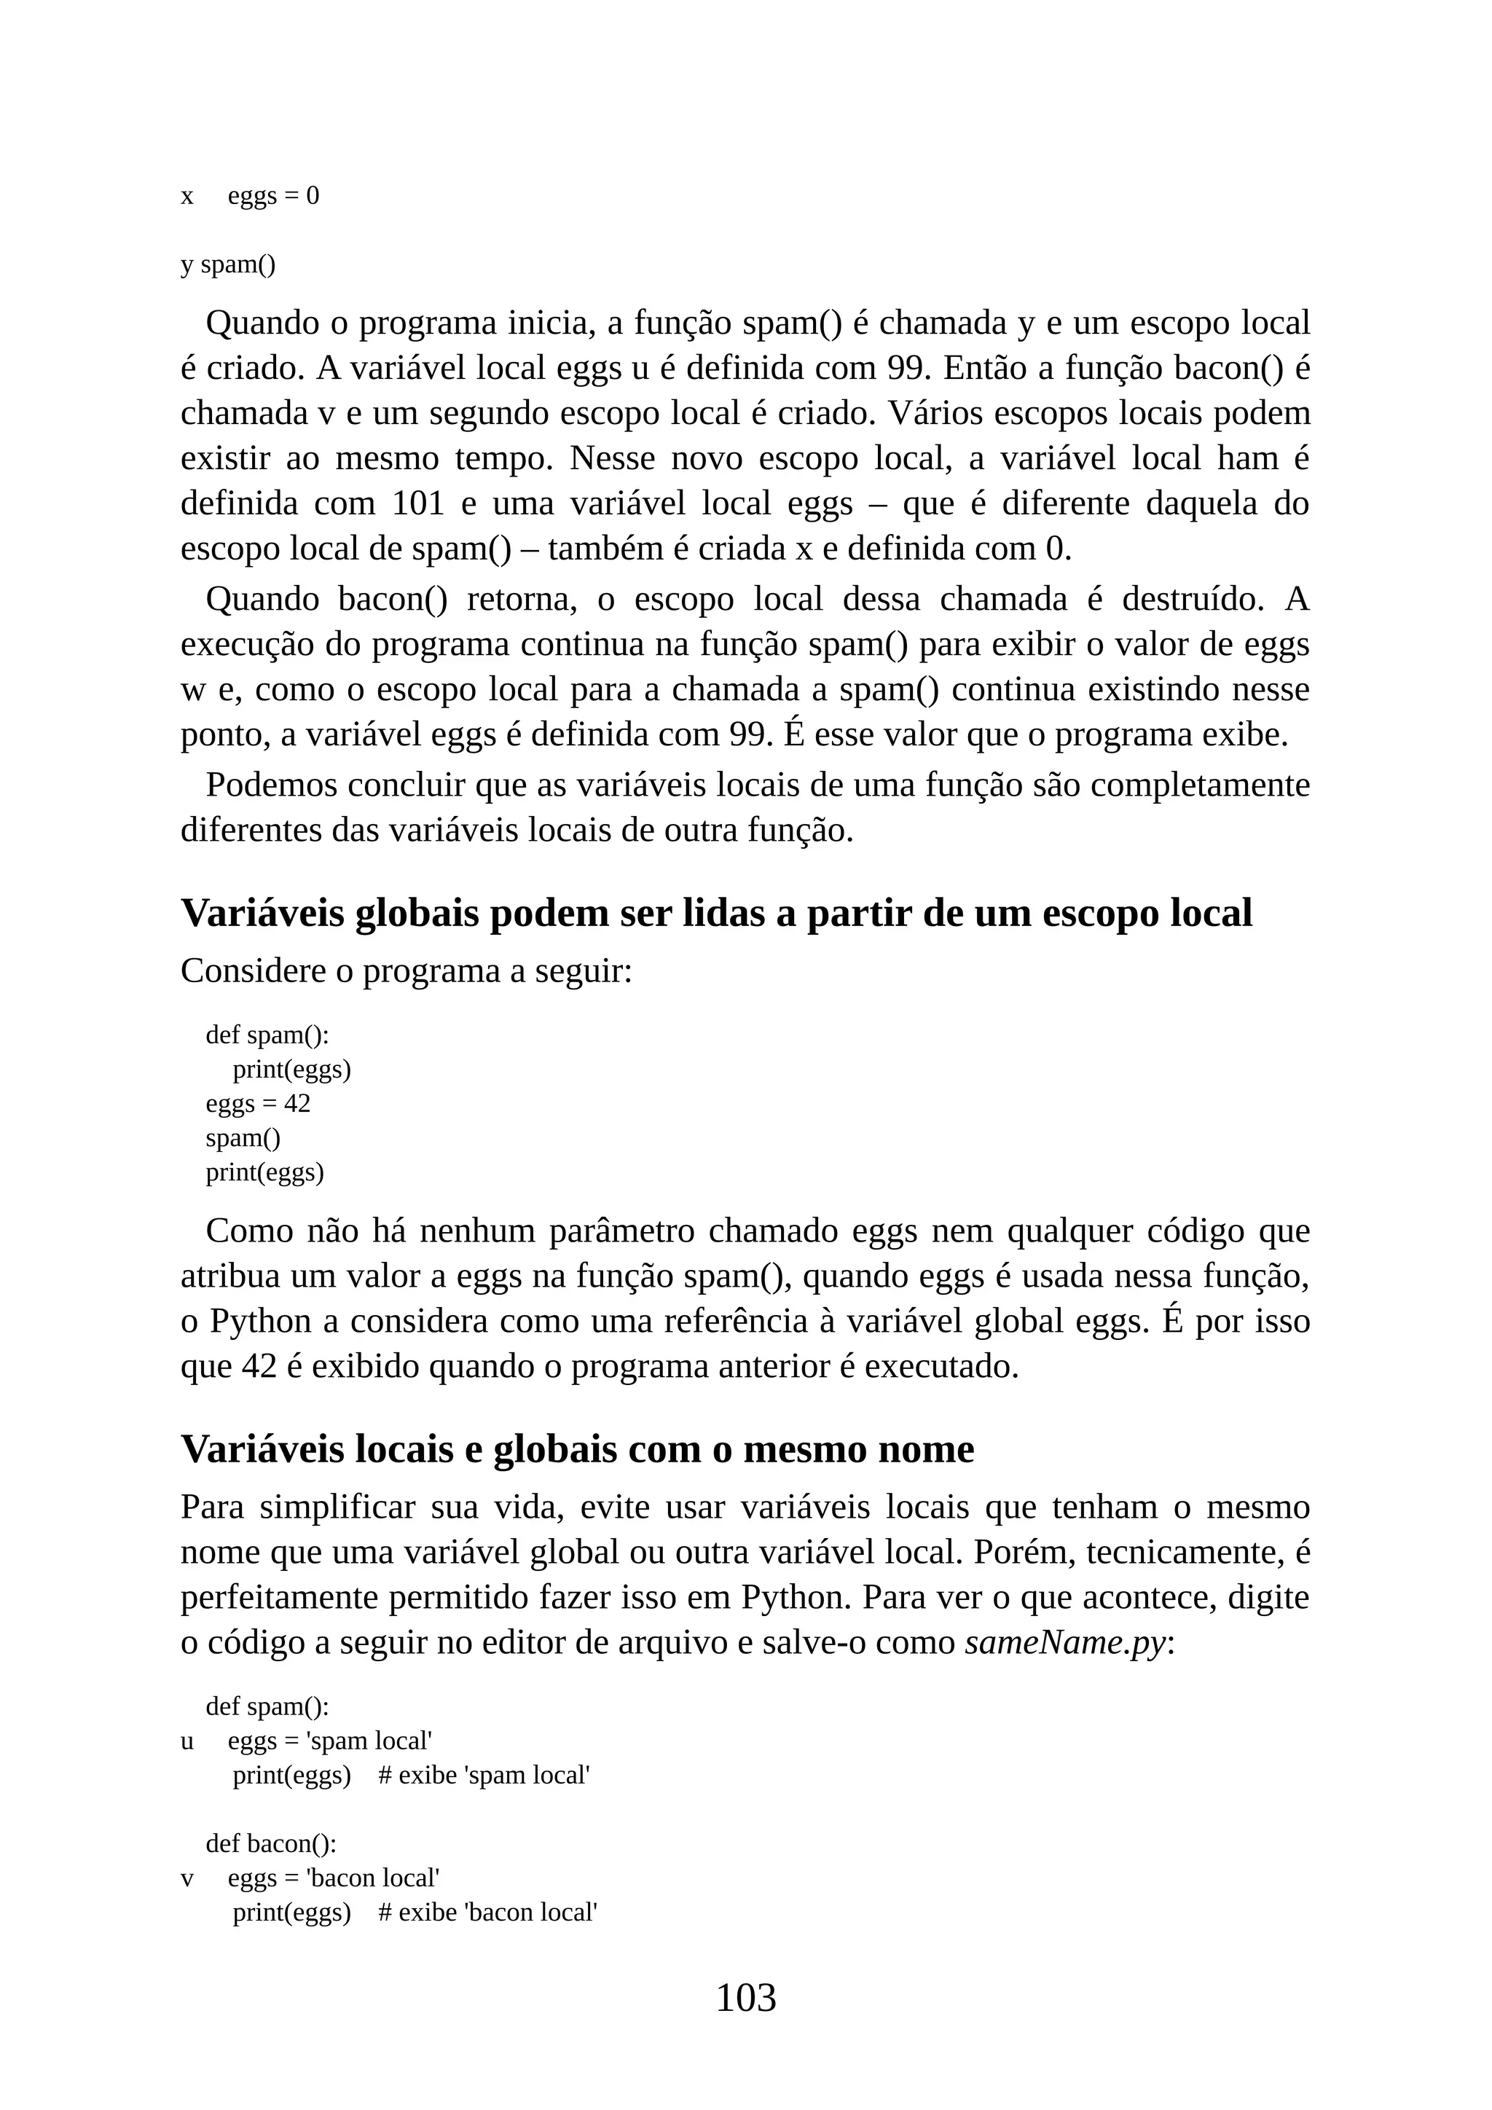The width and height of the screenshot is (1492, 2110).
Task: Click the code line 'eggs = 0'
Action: (273, 196)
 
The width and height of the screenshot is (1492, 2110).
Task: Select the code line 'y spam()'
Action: (228, 264)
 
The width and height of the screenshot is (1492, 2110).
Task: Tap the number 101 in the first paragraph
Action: (418, 503)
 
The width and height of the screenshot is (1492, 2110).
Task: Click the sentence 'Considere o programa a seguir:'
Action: (406, 970)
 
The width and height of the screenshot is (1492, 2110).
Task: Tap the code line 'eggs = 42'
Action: (257, 1103)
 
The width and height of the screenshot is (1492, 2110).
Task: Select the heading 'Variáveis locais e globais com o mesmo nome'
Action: (577, 1449)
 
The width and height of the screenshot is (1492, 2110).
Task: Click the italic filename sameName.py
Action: (1064, 1642)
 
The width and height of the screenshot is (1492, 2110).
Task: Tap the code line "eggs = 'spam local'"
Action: (330, 1741)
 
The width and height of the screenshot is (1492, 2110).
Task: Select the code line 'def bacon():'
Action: (270, 1843)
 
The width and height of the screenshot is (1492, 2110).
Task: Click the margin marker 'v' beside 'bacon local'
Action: (187, 1878)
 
